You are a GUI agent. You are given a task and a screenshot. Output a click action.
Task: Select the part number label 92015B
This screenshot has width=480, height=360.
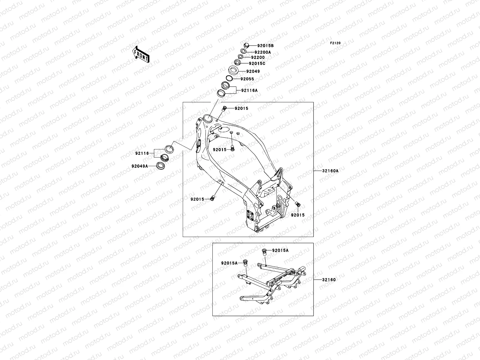tap(265, 46)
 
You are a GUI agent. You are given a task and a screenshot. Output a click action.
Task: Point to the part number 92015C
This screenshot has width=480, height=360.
tap(257, 64)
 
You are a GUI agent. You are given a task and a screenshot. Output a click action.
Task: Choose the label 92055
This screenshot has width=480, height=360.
tap(247, 79)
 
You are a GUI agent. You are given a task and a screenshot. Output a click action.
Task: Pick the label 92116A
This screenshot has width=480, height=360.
tap(250, 90)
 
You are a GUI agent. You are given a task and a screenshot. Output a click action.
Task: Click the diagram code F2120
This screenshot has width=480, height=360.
tap(335, 43)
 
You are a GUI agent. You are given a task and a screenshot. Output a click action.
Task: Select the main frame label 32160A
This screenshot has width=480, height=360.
tap(330, 171)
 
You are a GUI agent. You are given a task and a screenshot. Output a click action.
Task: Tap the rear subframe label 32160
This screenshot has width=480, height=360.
tap(329, 280)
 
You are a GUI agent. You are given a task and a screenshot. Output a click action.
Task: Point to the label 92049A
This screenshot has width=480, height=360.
tap(139, 166)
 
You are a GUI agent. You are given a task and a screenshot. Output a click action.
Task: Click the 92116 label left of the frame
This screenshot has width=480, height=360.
tap(142, 153)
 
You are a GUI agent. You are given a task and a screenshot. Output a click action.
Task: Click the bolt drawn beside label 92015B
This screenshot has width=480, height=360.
tap(246, 46)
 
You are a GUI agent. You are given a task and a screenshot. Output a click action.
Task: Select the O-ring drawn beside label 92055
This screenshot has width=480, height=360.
tap(229, 79)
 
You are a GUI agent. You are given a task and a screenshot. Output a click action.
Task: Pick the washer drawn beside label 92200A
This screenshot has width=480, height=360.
tap(244, 52)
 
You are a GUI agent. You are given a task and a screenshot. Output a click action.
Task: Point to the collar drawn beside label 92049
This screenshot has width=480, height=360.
tap(233, 71)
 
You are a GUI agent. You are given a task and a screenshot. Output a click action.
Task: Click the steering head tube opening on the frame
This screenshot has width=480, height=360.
tap(207, 118)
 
